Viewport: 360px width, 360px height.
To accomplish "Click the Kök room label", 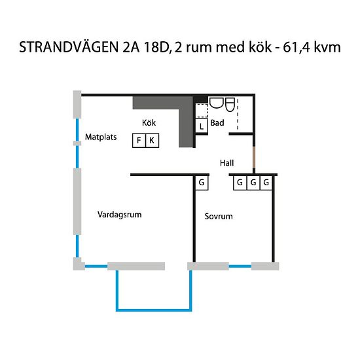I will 149,122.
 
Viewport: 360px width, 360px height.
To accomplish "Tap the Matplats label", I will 100,137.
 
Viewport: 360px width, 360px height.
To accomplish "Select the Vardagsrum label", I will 120,214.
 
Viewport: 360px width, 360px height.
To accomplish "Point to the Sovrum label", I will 219,216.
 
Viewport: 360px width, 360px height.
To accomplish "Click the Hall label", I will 227,163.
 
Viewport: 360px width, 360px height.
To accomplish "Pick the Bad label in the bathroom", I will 218,122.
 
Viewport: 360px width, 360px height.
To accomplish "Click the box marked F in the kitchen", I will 139,140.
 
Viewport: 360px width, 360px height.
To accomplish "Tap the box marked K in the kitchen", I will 152,140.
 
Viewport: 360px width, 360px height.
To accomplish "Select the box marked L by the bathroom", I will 201,126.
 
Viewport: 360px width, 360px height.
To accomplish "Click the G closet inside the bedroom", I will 202,182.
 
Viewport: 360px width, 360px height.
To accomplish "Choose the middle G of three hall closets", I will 253,182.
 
